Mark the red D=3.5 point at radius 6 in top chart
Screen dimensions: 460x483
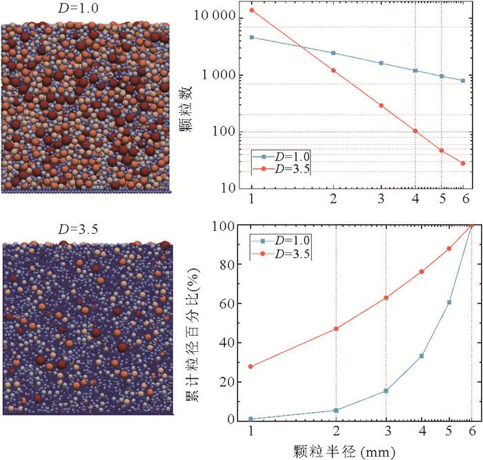pos(463,163)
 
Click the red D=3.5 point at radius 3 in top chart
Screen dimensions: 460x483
pos(381,106)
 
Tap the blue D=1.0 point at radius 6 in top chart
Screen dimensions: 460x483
pos(463,81)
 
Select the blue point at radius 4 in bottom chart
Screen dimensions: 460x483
pos(421,356)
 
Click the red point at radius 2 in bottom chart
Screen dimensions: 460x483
pos(336,329)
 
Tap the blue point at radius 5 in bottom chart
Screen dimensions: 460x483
pos(449,302)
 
